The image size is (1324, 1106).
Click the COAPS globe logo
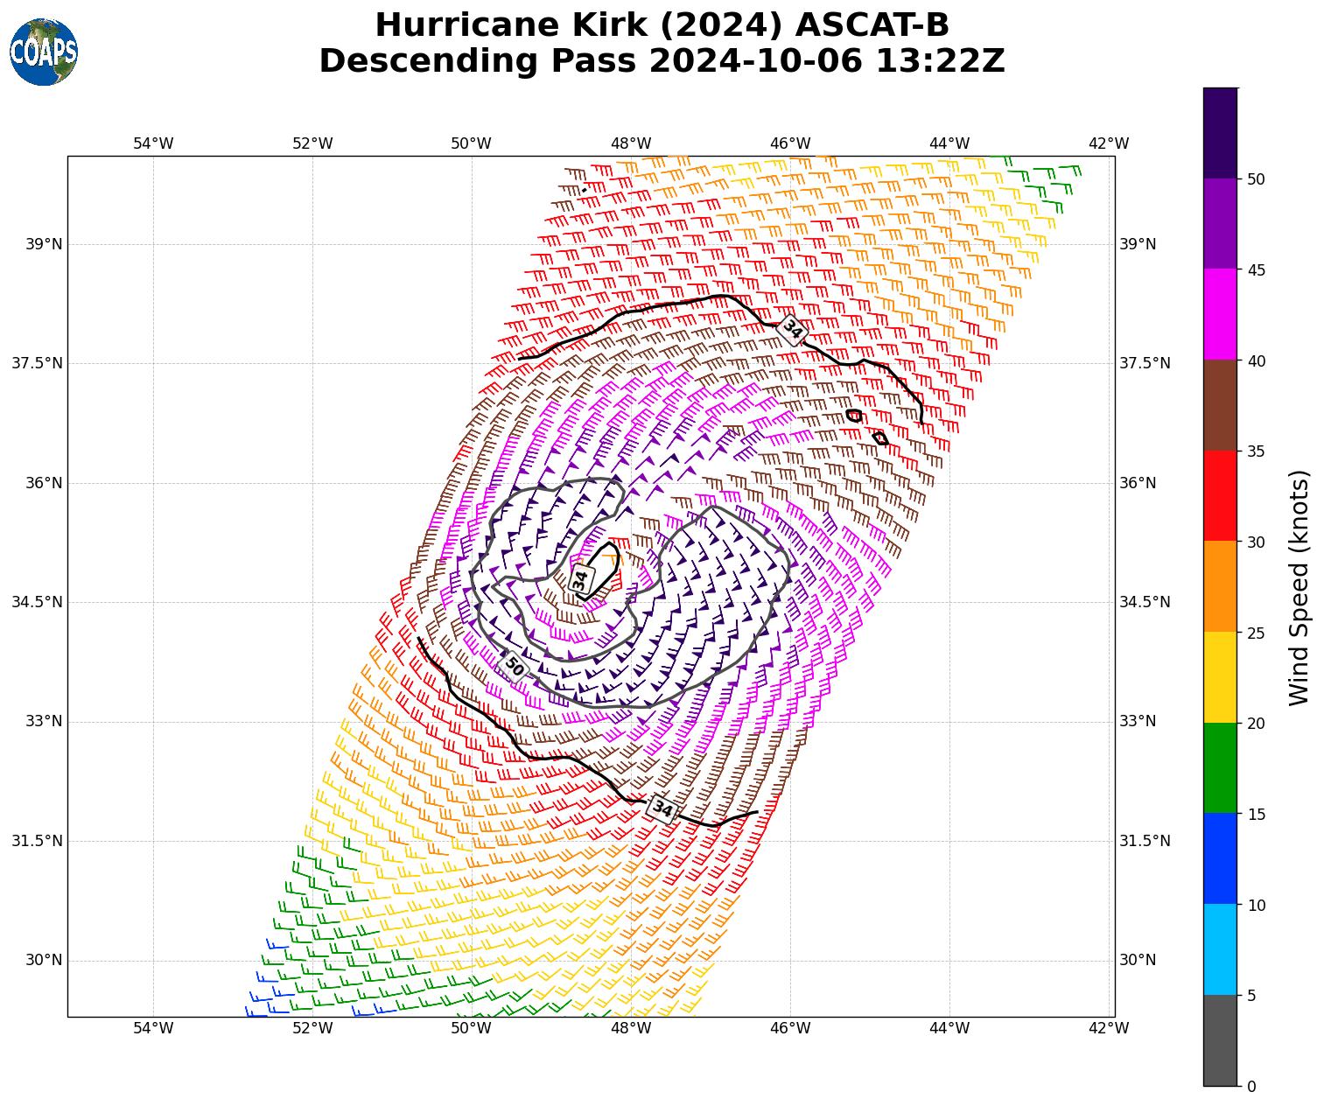(44, 52)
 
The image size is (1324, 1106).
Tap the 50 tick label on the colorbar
(1256, 179)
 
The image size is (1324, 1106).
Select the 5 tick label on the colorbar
(1251, 996)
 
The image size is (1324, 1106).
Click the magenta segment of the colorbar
(1220, 314)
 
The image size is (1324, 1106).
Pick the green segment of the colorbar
(1220, 767)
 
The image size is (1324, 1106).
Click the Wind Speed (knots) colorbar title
(1299, 587)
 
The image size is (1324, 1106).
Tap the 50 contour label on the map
(515, 668)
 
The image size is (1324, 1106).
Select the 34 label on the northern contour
(792, 330)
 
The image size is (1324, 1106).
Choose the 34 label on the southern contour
(662, 809)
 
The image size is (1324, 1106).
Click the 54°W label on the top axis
(153, 143)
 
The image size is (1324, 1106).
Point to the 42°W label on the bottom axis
(1108, 1027)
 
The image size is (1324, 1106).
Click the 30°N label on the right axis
(1138, 960)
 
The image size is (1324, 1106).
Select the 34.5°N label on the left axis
(37, 602)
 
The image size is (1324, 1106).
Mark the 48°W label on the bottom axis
(631, 1027)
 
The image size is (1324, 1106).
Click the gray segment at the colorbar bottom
(1220, 1040)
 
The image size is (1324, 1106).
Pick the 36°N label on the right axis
(1138, 483)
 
